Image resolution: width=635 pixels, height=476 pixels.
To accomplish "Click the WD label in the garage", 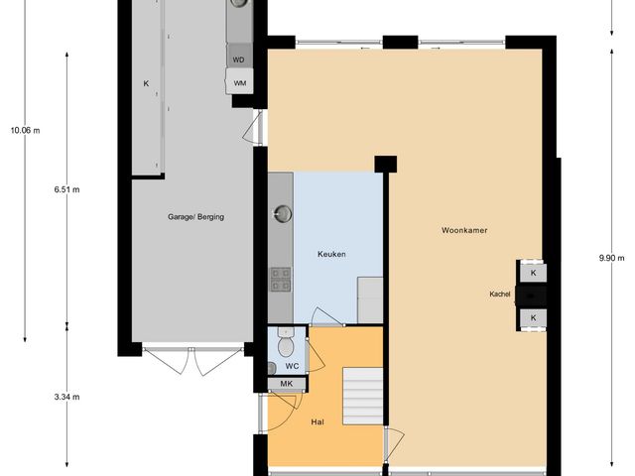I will click(x=238, y=59).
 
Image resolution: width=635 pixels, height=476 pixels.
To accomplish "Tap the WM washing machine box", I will click(x=240, y=83).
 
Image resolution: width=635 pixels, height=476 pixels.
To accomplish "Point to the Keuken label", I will click(x=330, y=254).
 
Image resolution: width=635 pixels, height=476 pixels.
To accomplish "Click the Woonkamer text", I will click(x=463, y=230).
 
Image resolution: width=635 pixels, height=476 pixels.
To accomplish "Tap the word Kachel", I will click(x=500, y=295).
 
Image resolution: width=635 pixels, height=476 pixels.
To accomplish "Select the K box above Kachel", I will click(x=533, y=272).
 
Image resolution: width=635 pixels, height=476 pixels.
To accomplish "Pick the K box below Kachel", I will click(x=533, y=317).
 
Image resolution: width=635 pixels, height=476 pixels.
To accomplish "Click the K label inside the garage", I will click(x=145, y=83).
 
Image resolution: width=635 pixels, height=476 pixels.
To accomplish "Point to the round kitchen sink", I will click(x=283, y=211).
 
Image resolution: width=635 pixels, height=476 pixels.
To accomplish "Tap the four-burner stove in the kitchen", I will click(x=281, y=281).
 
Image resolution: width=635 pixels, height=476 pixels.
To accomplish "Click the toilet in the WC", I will click(x=286, y=346).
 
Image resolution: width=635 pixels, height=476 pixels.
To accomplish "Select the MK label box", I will click(x=287, y=384).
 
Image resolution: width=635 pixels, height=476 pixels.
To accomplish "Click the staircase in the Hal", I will click(x=361, y=397).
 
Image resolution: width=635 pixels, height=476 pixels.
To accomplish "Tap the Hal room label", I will click(x=317, y=421).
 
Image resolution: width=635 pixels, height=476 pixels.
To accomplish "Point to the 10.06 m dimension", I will click(x=24, y=130).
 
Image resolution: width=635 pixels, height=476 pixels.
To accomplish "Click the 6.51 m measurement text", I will click(x=67, y=189).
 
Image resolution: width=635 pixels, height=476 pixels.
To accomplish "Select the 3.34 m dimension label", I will click(x=67, y=397).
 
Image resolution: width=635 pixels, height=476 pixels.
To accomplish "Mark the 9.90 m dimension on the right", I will click(x=611, y=258).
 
